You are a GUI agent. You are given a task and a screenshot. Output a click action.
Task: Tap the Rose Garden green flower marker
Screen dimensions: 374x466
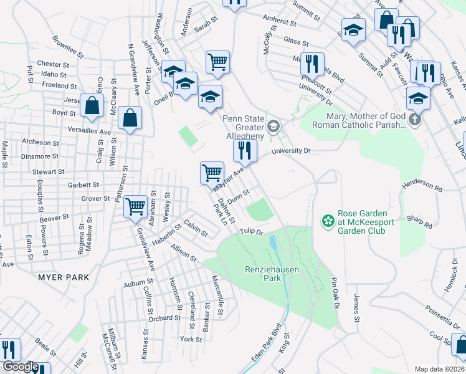327,221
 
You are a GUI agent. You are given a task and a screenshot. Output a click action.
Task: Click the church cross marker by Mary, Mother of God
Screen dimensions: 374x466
416,118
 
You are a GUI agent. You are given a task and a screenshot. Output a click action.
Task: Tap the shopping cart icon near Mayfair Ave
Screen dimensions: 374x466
212,173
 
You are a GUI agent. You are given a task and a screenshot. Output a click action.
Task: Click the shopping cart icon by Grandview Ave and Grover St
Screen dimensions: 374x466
135,206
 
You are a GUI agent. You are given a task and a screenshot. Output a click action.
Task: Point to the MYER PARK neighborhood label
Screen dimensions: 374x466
63,277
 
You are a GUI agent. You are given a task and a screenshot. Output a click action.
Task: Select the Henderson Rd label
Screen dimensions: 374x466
422,187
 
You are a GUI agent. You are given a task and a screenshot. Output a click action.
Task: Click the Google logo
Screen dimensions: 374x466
20,367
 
